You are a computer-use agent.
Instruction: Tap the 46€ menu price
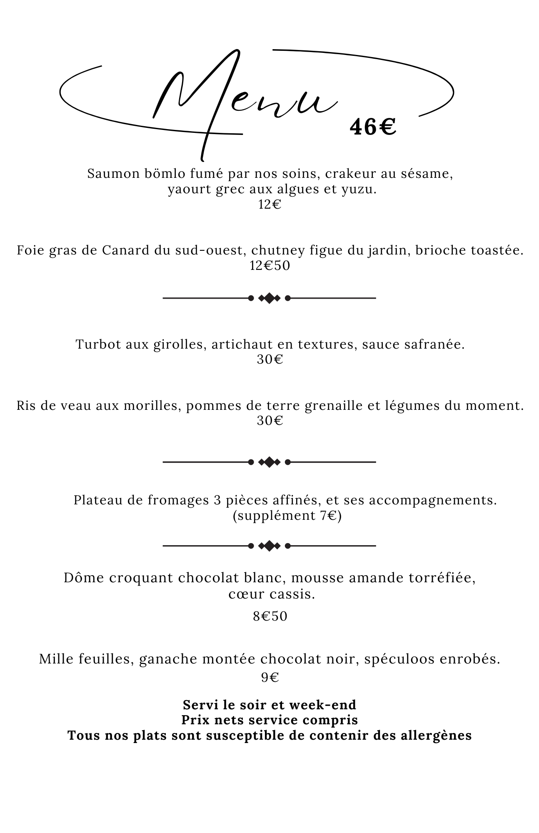372,127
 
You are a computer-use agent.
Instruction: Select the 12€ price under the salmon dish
269,205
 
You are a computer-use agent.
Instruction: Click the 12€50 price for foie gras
269,265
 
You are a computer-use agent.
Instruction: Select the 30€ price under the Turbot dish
269,359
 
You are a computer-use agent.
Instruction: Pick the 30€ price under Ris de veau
269,421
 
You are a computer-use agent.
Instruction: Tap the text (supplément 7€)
287,516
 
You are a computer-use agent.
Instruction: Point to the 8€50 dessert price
270,616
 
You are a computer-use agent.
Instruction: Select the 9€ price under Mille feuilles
269,678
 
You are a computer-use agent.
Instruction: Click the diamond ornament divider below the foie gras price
269,298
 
